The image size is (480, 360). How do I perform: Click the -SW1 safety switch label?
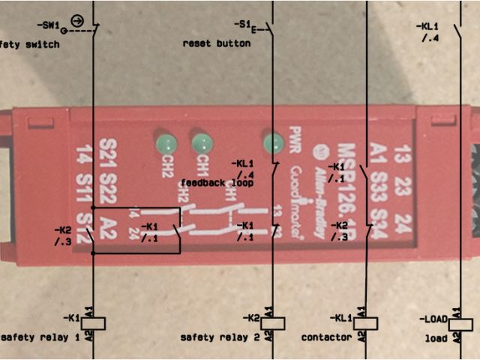point(47,25)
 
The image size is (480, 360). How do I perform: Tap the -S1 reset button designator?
point(241,24)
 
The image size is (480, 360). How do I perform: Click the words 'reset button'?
point(217,43)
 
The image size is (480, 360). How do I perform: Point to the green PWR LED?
point(271,141)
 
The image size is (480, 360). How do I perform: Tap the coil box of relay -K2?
point(272,323)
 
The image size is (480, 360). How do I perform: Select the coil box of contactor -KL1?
point(365,323)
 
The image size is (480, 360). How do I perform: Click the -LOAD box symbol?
point(460,323)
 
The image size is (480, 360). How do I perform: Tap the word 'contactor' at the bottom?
point(326,338)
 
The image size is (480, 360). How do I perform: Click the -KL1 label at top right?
point(427,25)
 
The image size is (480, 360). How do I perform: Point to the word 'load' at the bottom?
point(436,339)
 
